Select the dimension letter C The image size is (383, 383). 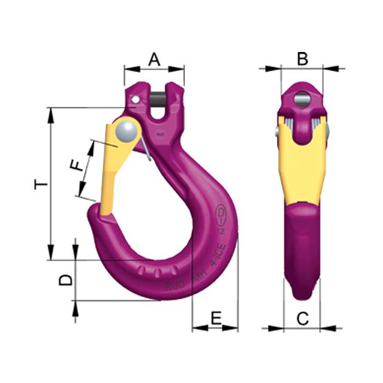pos(301,317)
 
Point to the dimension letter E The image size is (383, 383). pos(215,317)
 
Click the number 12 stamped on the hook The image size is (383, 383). pos(222,231)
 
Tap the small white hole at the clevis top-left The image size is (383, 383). pos(135,99)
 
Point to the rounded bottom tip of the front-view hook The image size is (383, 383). pos(302,293)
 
